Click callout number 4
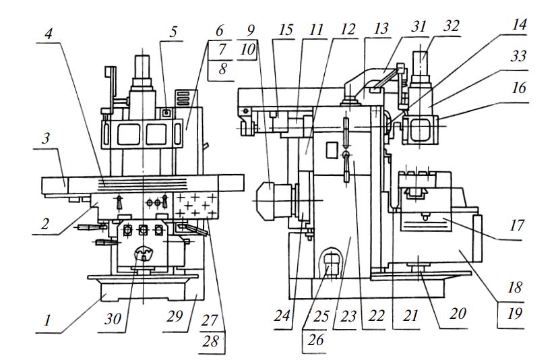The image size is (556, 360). tap(49, 34)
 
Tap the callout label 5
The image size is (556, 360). tap(173, 32)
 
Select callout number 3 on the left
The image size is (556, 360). tap(46, 138)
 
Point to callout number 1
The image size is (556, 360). tap(47, 321)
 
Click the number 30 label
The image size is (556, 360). tap(113, 319)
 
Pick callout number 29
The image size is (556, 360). tap(175, 317)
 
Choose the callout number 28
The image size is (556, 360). tap(210, 341)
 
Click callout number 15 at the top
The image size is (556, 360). tap(286, 30)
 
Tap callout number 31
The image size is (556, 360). tap(419, 26)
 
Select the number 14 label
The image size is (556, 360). tap(519, 25)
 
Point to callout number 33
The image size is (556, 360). tap(518, 56)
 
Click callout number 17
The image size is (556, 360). tap(516, 225)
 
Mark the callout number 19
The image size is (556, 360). tap(515, 313)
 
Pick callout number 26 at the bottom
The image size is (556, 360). tap(315, 339)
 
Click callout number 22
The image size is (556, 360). tap(377, 316)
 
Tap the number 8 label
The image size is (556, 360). tap(222, 69)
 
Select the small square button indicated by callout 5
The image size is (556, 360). tap(166, 113)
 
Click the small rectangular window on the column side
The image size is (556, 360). tap(332, 150)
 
